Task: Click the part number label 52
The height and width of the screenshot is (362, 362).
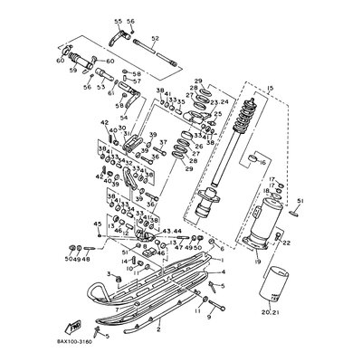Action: coord(155,39)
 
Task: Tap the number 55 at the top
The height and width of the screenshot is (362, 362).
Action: coord(118,20)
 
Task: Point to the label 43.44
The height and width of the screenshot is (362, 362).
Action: coord(170,233)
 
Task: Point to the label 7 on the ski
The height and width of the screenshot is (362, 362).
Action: coord(119,308)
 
